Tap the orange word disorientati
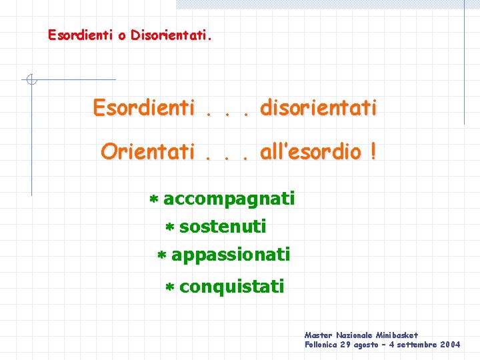pos(319,107)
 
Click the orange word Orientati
pos(147,152)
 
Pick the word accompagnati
pos(229,199)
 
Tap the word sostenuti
pos(223,227)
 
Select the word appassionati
pos(231,255)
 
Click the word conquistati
pos(231,287)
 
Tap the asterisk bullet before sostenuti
pos(169,228)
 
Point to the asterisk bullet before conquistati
pos(169,288)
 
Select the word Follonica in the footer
pos(321,345)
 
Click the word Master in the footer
pos(318,335)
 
